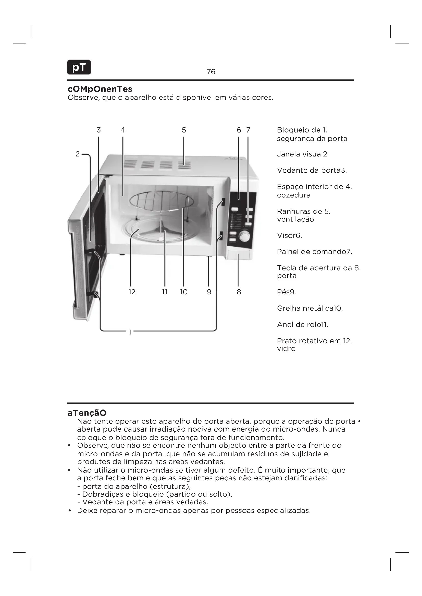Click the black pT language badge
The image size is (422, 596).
79,67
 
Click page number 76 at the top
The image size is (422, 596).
211,72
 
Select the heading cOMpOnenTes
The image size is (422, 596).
100,89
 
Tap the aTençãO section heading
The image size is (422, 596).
87,413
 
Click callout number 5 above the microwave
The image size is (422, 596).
184,130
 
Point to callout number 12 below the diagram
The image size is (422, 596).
132,292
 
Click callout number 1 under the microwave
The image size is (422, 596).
130,332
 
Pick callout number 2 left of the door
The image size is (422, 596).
78,154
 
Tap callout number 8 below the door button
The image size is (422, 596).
239,292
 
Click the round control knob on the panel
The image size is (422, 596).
244,236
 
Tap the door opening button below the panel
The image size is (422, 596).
239,254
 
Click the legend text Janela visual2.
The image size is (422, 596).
303,154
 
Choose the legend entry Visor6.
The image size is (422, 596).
289,235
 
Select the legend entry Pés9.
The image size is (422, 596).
286,292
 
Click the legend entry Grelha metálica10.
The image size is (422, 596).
310,308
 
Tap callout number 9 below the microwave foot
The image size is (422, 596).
209,292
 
